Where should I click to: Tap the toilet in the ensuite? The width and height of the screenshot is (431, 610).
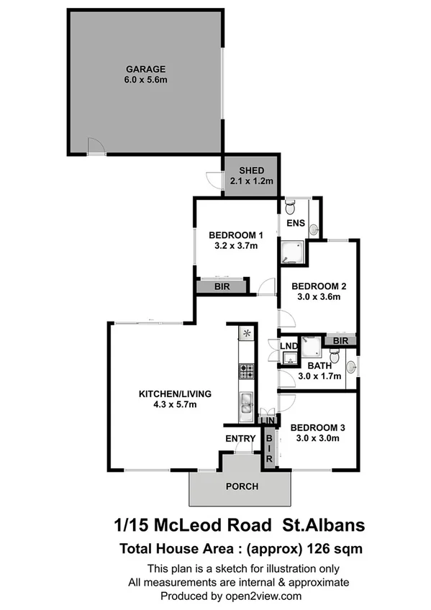pyautogui.click(x=289, y=208)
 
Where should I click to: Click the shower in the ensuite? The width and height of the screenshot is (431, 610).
pyautogui.click(x=293, y=252)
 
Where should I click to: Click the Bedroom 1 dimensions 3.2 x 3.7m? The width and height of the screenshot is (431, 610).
pyautogui.click(x=236, y=246)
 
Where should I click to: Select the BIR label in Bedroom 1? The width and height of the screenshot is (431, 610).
pyautogui.click(x=222, y=286)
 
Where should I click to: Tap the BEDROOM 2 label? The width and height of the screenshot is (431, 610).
pyautogui.click(x=319, y=286)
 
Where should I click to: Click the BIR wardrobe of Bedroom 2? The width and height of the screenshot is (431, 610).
pyautogui.click(x=341, y=341)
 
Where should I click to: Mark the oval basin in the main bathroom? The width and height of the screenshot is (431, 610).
pyautogui.click(x=351, y=368)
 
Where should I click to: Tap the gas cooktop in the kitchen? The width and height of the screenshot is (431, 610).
pyautogui.click(x=246, y=371)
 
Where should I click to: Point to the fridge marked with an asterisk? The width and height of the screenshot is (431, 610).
pyautogui.click(x=246, y=333)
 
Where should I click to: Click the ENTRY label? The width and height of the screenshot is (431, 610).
pyautogui.click(x=240, y=439)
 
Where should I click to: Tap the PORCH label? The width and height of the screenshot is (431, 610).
pyautogui.click(x=242, y=486)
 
